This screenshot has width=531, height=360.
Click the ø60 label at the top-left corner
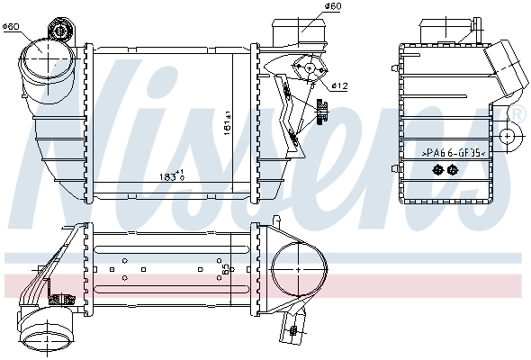(x=12, y=26)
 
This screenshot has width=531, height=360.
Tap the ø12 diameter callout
(x=339, y=86)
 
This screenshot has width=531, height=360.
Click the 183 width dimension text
(x=169, y=175)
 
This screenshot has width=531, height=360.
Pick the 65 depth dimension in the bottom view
(x=225, y=267)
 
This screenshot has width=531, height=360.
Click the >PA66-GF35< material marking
(x=454, y=154)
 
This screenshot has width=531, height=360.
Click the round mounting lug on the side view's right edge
(x=509, y=138)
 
